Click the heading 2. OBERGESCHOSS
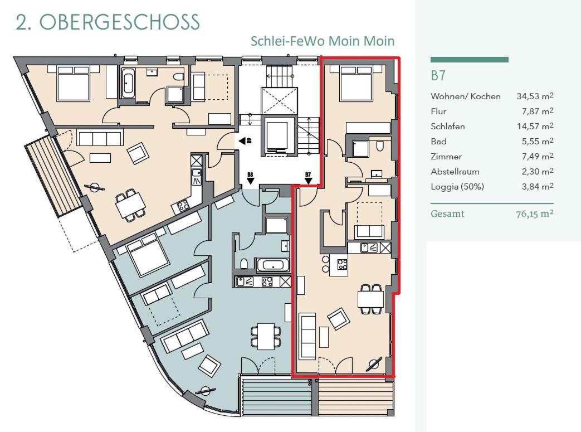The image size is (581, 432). pyautogui.click(x=108, y=22)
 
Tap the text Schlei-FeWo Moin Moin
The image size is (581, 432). pyautogui.click(x=323, y=41)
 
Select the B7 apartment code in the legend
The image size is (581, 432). pyautogui.click(x=438, y=75)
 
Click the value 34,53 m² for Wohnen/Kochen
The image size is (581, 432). pyautogui.click(x=535, y=96)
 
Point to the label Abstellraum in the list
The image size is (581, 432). pyautogui.click(x=455, y=172)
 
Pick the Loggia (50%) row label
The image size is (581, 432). pyautogui.click(x=457, y=187)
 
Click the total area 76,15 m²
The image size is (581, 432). pyautogui.click(x=535, y=214)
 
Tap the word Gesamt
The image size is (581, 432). pyautogui.click(x=447, y=214)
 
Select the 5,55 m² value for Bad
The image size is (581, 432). pyautogui.click(x=538, y=141)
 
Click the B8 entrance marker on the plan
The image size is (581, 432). pyautogui.click(x=251, y=178)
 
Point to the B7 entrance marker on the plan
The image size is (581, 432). pyautogui.click(x=308, y=178)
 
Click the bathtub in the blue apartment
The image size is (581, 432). pyautogui.click(x=273, y=265)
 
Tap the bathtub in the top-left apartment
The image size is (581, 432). pyautogui.click(x=128, y=83)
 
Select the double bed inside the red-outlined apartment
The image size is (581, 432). pyautogui.click(x=356, y=84)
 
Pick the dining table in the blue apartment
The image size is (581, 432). pyautogui.click(x=266, y=336)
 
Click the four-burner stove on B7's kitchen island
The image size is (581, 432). pyautogui.click(x=342, y=264)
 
